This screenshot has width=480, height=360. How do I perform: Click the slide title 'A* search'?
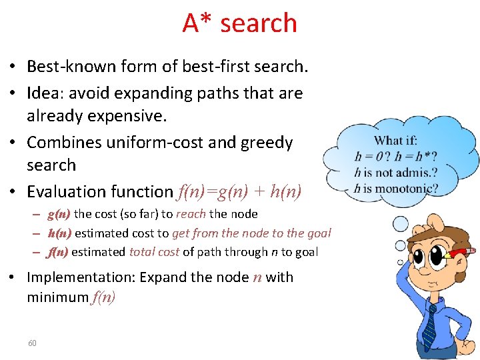(239, 23)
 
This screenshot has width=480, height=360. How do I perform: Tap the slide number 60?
(32, 343)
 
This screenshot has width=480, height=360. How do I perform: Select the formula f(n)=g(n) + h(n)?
(239, 192)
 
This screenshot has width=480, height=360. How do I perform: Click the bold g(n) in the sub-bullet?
(59, 214)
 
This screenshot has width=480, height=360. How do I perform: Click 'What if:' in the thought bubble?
(395, 141)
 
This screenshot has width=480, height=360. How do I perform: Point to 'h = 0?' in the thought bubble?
(369, 157)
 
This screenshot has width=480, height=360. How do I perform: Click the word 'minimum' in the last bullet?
(57, 297)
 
